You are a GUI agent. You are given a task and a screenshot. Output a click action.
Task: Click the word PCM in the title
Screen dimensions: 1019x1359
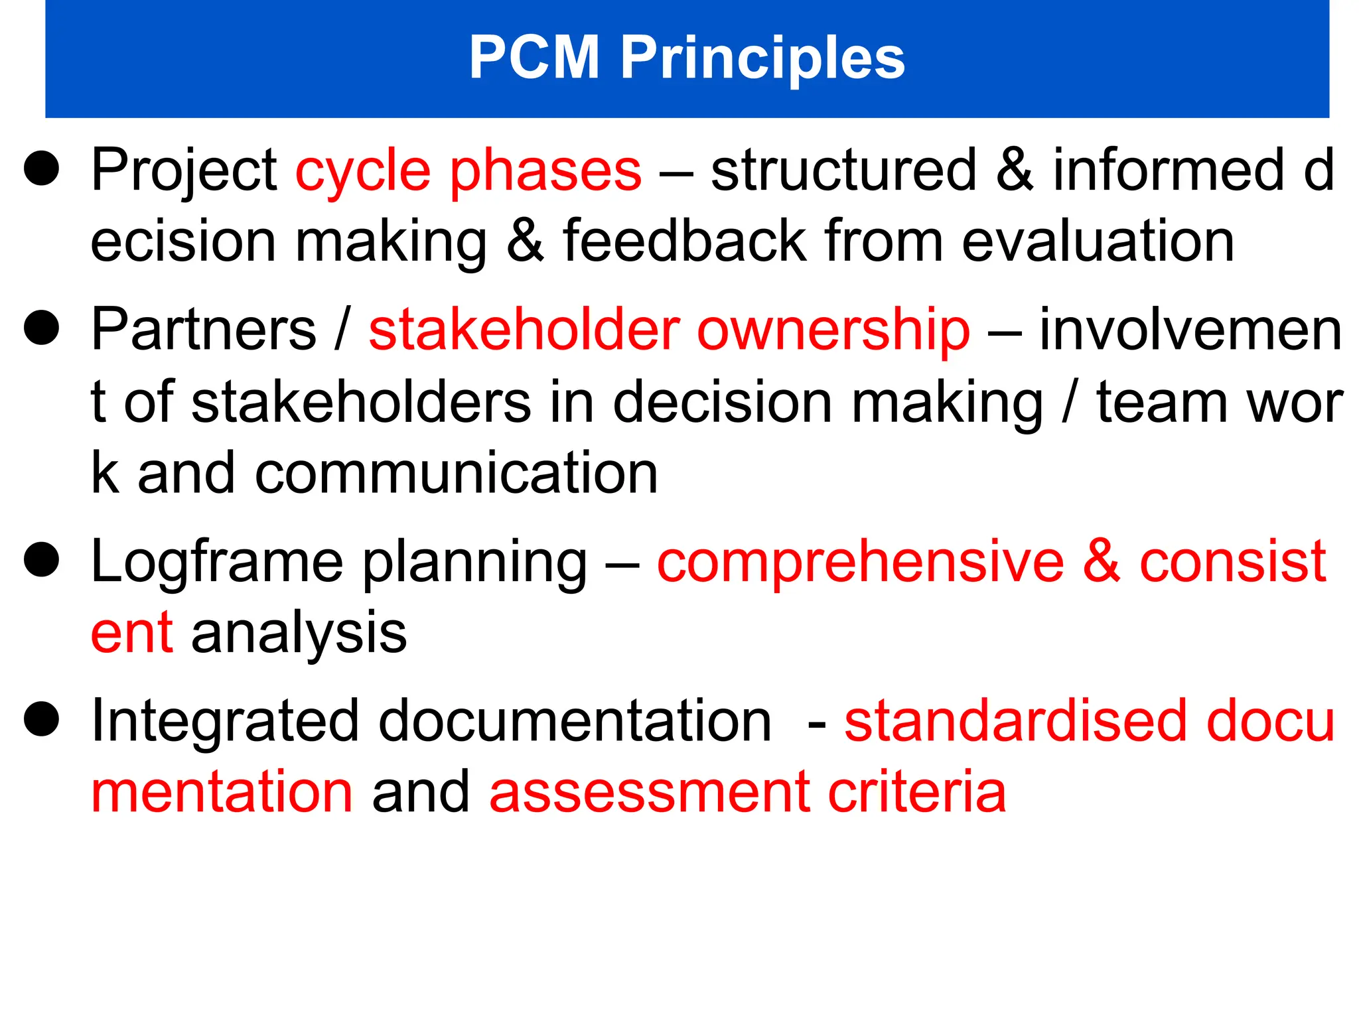534,58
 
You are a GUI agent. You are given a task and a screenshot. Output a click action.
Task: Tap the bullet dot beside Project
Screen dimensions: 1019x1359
42,169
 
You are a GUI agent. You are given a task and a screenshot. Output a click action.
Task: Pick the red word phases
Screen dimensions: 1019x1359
545,171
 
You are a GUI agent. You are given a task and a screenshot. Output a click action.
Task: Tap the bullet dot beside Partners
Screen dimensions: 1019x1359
42,328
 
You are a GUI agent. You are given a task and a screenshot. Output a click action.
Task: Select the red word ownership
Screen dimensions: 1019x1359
833,330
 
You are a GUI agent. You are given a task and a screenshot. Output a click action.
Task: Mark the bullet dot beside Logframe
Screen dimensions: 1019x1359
42,560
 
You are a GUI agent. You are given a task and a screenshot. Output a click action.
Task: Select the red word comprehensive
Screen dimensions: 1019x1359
861,562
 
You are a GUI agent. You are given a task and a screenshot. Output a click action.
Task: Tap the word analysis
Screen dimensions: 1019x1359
299,634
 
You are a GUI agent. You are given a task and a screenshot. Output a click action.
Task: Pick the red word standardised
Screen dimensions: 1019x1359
1015,721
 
